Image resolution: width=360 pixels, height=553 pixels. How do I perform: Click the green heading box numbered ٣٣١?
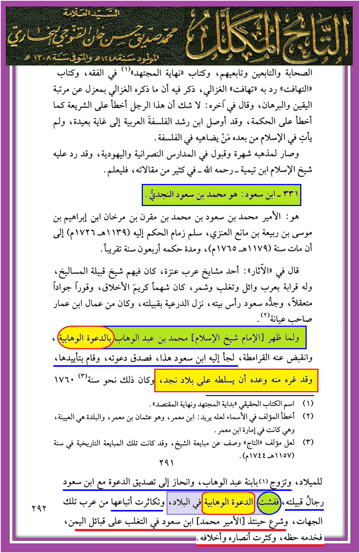pos(221,195)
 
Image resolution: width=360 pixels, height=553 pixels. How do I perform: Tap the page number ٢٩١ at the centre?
pos(166,462)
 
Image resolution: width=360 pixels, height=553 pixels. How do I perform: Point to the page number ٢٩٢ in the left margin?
pos(39,508)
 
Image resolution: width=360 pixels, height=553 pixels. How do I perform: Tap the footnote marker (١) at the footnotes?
pos(308,403)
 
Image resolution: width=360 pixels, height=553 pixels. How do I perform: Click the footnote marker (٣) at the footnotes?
pos(308,442)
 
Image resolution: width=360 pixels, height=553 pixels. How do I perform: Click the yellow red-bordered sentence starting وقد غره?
pos(236,380)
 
